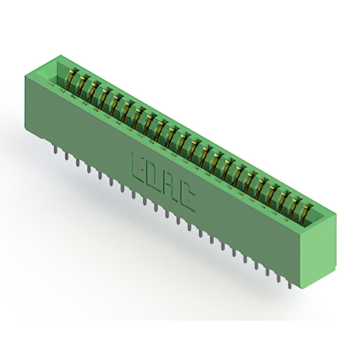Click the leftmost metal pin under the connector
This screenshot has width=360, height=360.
click(x=56, y=150)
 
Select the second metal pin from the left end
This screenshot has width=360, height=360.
click(x=66, y=156)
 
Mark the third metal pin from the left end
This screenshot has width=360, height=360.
click(x=78, y=162)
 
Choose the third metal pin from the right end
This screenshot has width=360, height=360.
click(x=268, y=272)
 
